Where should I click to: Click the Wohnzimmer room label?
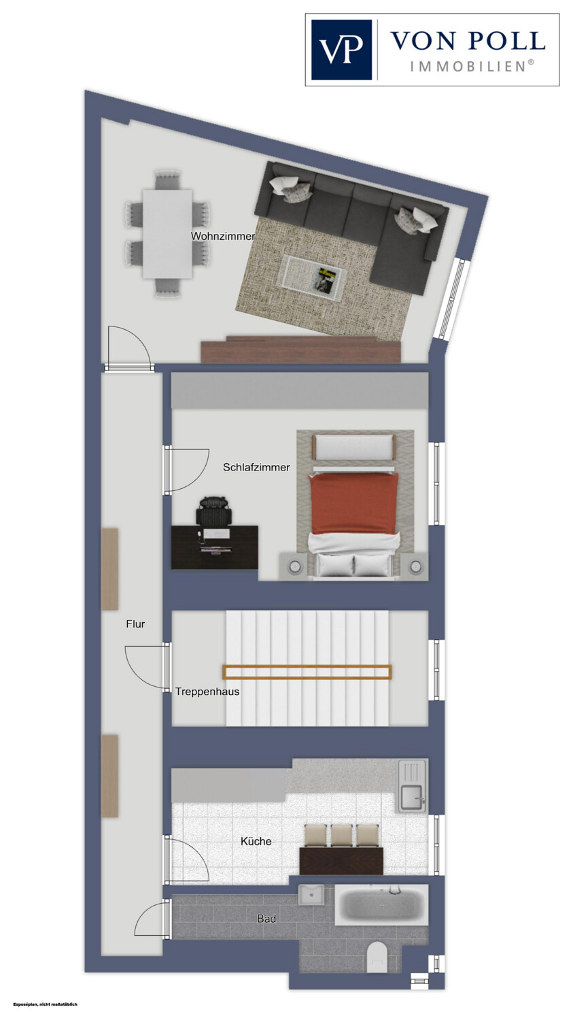pyautogui.click(x=223, y=237)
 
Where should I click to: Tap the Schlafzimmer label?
pyautogui.click(x=256, y=467)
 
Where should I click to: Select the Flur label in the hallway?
pyautogui.click(x=135, y=624)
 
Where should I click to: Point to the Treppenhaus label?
pyautogui.click(x=207, y=692)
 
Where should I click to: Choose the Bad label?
pyautogui.click(x=266, y=919)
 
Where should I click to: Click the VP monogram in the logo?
pyautogui.click(x=341, y=50)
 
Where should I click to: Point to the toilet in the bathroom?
pyautogui.click(x=377, y=957)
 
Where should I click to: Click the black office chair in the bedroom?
pyautogui.click(x=214, y=512)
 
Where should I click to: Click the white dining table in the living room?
pyautogui.click(x=167, y=234)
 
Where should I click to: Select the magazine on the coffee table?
pyautogui.click(x=326, y=279)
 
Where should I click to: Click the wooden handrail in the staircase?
pyautogui.click(x=307, y=672)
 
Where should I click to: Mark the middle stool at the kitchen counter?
pyautogui.click(x=342, y=836)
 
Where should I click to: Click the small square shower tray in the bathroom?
pyautogui.click(x=311, y=896)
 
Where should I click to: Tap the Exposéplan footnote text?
pyautogui.click(x=46, y=1003)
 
